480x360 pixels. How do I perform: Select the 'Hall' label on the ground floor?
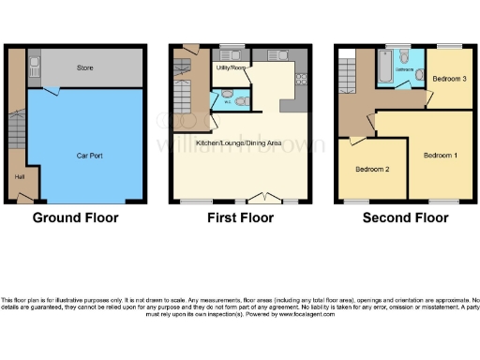click(x=19, y=175)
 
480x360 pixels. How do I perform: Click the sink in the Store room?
click(x=35, y=65)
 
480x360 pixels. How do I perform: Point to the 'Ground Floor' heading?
click(x=76, y=217)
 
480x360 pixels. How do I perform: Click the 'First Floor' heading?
click(x=240, y=217)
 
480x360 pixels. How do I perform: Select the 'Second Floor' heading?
click(x=405, y=217)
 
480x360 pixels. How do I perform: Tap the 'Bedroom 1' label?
click(x=440, y=154)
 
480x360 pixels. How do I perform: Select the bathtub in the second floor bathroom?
click(x=384, y=68)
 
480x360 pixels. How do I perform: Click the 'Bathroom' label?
click(x=404, y=69)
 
